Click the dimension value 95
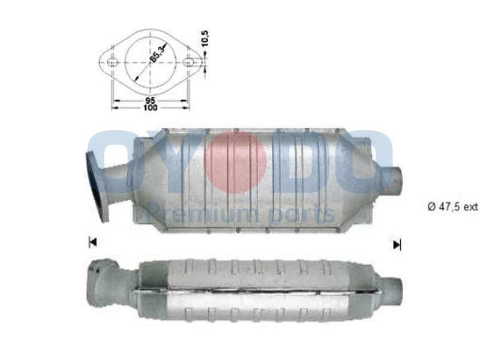tap(150, 101)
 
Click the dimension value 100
tap(150, 108)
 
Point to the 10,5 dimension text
tap(205, 39)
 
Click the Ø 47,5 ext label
tap(452, 206)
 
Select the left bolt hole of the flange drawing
tap(112, 62)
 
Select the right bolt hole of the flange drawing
tap(189, 62)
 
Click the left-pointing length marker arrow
tap(92, 242)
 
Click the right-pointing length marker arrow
tap(396, 244)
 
